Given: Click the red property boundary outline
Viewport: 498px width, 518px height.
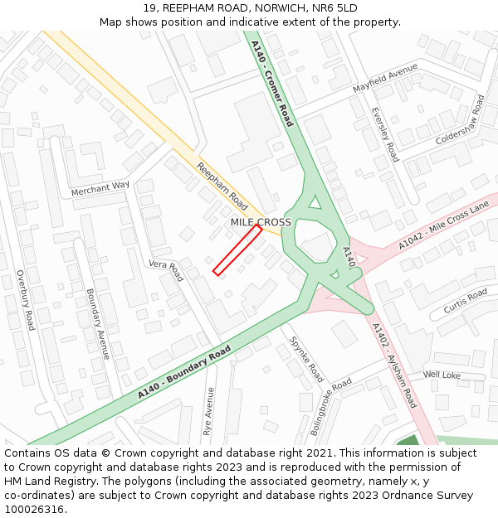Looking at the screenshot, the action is point(237,249).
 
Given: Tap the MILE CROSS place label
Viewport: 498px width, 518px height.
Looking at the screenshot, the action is point(261,222).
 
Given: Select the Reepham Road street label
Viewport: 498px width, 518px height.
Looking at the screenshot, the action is point(222,186).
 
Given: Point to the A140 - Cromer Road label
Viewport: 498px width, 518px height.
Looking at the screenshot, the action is point(272,84).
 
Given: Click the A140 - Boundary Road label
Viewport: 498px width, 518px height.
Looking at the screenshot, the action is point(184,375).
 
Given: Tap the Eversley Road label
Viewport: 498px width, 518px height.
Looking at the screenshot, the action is point(385,134).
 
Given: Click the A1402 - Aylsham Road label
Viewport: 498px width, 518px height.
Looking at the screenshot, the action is point(394,366).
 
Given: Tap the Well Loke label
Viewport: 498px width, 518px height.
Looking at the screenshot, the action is point(442,375).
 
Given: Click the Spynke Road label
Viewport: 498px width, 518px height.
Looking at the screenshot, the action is point(306,358).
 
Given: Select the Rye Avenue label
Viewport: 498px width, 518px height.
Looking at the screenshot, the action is point(208,411).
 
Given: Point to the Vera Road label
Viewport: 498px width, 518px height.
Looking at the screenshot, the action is point(165,270).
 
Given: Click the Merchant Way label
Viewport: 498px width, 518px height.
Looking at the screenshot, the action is point(100,190).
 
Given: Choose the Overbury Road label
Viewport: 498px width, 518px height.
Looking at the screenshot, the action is point(25,300).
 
